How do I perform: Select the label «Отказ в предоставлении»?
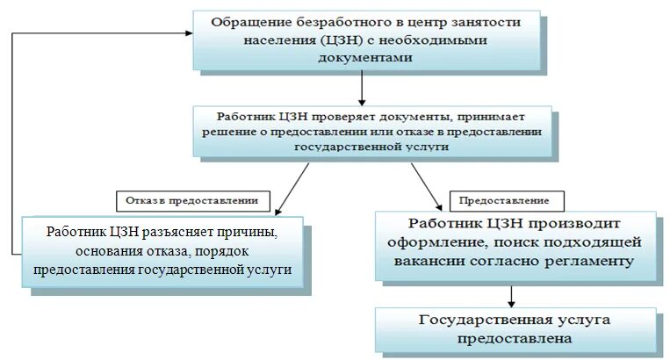pos(191,200)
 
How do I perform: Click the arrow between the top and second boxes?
pos(362,88)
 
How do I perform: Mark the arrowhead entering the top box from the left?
pos(187,34)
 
